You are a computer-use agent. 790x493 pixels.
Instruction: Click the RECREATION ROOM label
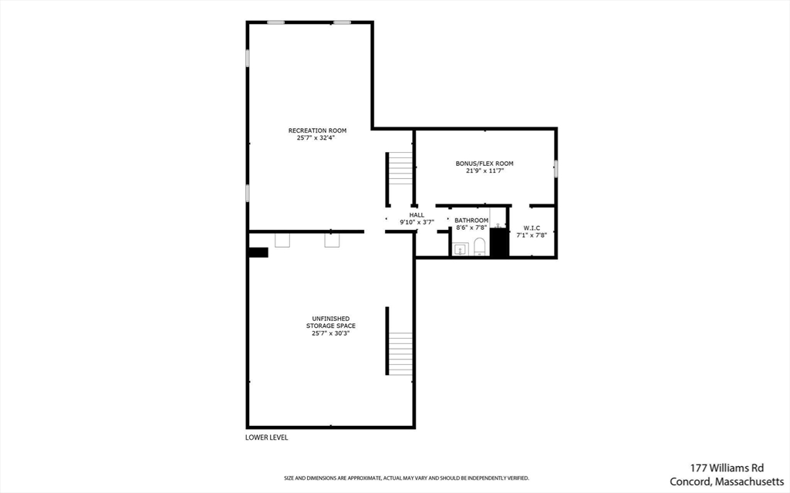pyautogui.click(x=317, y=130)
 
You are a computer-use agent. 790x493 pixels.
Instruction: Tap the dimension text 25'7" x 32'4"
pyautogui.click(x=316, y=137)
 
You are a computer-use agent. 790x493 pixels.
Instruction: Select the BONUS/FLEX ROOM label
pyautogui.click(x=484, y=164)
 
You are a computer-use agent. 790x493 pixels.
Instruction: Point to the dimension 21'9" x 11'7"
pyautogui.click(x=484, y=171)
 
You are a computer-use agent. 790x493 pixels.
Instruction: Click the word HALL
pyautogui.click(x=417, y=214)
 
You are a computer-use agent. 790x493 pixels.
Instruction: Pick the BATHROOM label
pyautogui.click(x=471, y=221)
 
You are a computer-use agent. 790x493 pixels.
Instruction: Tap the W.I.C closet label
pyautogui.click(x=532, y=228)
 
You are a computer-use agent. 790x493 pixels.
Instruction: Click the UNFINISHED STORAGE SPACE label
pyautogui.click(x=331, y=322)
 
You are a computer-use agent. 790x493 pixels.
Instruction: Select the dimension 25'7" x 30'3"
pyautogui.click(x=330, y=333)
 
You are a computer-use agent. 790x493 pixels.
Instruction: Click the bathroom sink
pyautogui.click(x=460, y=249)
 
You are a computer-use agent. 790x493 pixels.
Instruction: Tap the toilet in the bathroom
pyautogui.click(x=479, y=247)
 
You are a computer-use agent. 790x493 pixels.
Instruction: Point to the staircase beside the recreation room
pyautogui.click(x=400, y=168)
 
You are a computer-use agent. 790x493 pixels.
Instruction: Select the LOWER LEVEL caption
pyautogui.click(x=266, y=437)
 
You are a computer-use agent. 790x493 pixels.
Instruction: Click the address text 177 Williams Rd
pyautogui.click(x=727, y=468)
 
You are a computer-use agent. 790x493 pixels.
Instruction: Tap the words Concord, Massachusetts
pyautogui.click(x=727, y=482)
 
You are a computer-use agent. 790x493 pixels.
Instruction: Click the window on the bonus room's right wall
pyautogui.click(x=555, y=168)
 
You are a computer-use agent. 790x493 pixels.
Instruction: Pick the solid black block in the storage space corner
pyautogui.click(x=258, y=252)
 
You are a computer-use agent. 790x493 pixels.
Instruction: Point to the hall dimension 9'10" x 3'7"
pyautogui.click(x=417, y=221)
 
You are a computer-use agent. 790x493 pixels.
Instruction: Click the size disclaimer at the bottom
pyautogui.click(x=407, y=478)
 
